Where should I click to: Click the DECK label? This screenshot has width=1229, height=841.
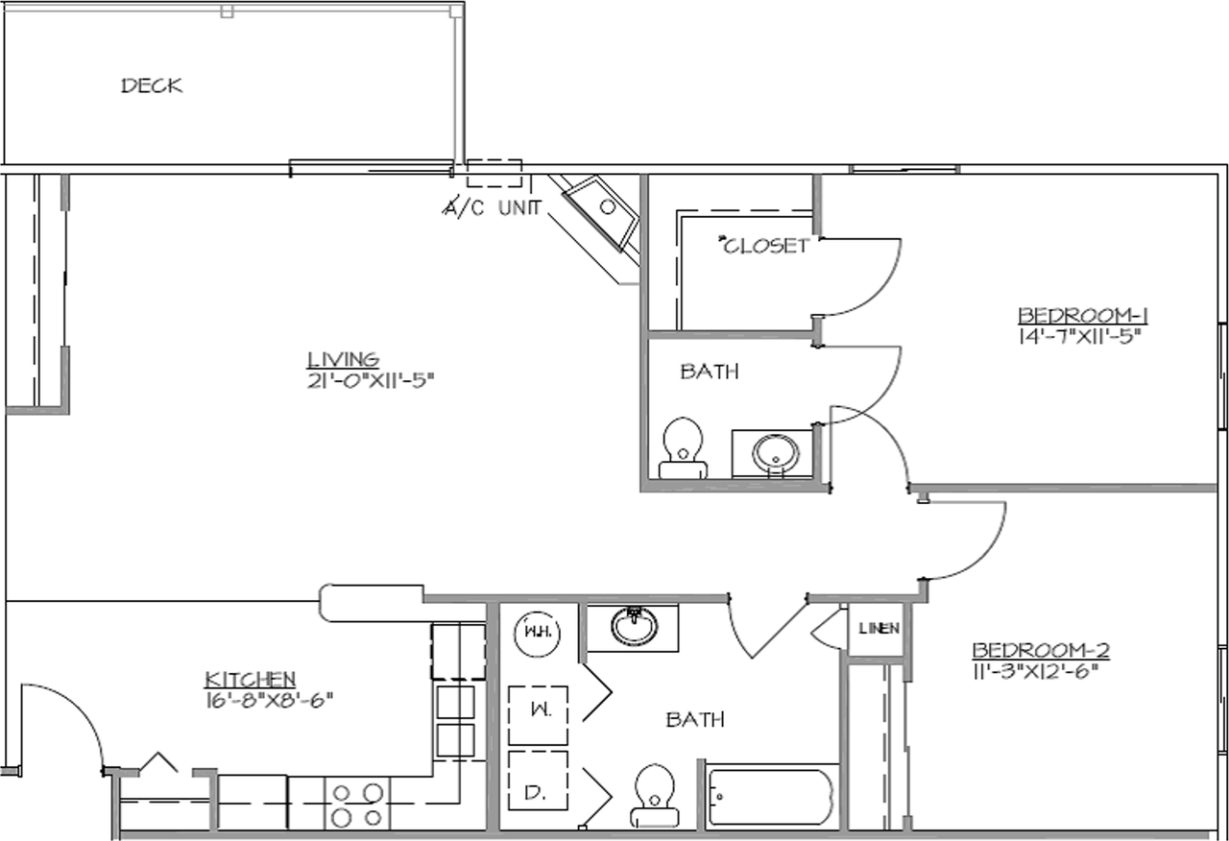[152, 85]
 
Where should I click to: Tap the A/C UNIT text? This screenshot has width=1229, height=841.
[492, 207]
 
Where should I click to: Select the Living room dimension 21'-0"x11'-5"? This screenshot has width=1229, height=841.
[371, 379]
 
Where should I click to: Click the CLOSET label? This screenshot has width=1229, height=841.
[764, 246]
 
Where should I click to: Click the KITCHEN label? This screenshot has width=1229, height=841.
[251, 680]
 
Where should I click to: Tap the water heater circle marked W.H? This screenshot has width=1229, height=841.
[537, 633]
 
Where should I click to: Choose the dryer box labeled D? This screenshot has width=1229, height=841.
[538, 793]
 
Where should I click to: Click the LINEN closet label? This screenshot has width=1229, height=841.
[879, 630]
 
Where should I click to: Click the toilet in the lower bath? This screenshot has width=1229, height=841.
[654, 797]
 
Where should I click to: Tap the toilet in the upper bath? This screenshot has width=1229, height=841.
[684, 447]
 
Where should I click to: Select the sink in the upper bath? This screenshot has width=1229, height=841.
[774, 453]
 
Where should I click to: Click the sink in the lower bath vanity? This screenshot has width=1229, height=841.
[633, 626]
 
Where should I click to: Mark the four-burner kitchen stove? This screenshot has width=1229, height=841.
[358, 803]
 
